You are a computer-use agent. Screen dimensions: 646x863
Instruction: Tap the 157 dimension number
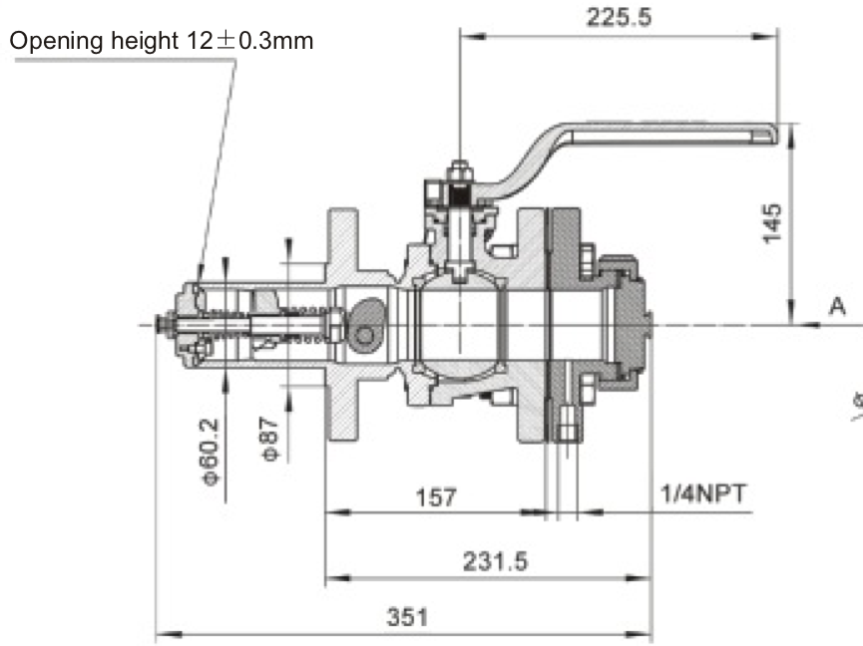(x=435, y=495)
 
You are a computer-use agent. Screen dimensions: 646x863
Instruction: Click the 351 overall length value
(x=406, y=616)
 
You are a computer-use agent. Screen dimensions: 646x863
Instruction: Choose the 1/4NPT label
(x=702, y=493)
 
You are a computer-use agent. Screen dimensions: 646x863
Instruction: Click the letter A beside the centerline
(x=837, y=306)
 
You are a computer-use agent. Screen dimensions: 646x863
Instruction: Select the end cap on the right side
(x=630, y=321)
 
